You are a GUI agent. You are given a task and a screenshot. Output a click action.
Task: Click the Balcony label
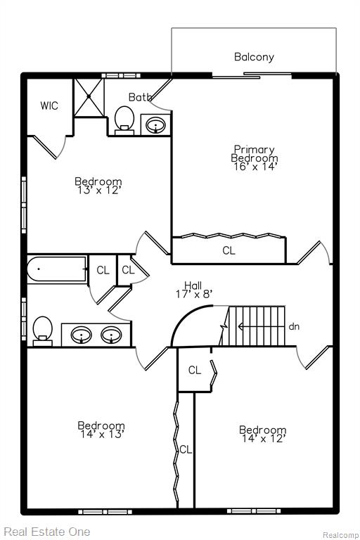(254, 57)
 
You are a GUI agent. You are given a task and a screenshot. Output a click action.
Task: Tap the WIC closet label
(49, 105)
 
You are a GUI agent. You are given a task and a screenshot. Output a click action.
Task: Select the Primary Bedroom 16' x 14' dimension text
(255, 167)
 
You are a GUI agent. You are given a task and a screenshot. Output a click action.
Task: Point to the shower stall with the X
(89, 98)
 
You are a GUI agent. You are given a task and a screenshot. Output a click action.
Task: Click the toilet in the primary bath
(124, 120)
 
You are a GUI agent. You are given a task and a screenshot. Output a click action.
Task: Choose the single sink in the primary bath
(155, 125)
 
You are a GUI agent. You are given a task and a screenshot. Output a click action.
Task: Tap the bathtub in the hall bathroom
(57, 269)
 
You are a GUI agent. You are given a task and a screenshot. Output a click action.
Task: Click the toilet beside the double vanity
(42, 331)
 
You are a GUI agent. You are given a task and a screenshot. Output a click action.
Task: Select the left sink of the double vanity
(82, 335)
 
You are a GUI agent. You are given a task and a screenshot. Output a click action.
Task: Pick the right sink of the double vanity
(111, 335)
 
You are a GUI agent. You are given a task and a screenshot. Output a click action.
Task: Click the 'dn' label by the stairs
(294, 326)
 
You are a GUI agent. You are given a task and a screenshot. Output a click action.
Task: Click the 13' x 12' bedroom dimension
(98, 190)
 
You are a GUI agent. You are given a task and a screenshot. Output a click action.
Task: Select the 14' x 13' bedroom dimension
(102, 435)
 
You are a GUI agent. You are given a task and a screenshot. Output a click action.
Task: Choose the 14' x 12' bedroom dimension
(264, 439)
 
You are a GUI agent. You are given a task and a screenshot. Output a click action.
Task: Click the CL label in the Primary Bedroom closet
(229, 251)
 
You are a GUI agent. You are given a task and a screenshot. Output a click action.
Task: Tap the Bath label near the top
(140, 98)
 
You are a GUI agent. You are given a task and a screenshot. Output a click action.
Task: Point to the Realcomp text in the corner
(340, 535)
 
